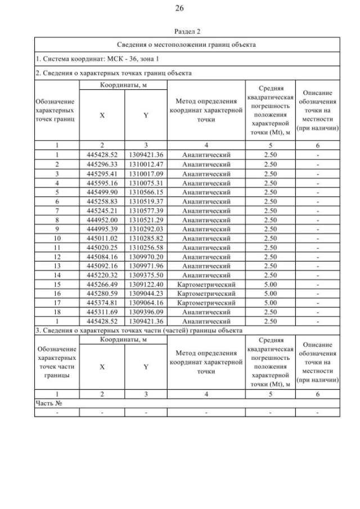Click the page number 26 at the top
coord(180,8)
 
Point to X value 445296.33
coord(102,164)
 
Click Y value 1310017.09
coord(146,174)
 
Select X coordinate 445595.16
coord(102,183)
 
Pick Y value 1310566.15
coord(146,192)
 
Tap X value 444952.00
coord(102,220)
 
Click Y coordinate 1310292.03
coord(146,229)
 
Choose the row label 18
coord(57,312)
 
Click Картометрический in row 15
coord(206,284)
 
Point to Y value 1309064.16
coord(146,303)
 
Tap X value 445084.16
coord(102,256)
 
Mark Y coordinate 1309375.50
coord(146,275)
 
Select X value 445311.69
coord(102,312)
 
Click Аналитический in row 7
coord(206,210)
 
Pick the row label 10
coord(57,238)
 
